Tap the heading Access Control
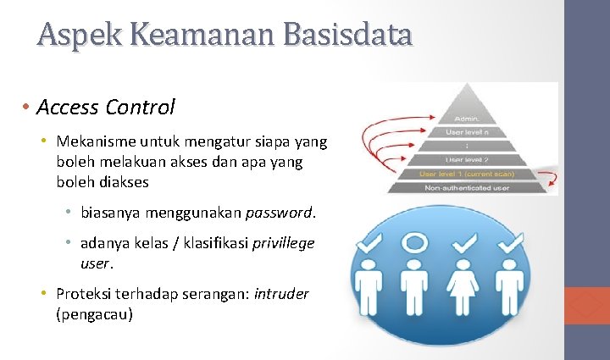click(106, 108)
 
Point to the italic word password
click(280, 212)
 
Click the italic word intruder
click(281, 294)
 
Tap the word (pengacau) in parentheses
click(95, 313)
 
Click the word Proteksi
click(86, 294)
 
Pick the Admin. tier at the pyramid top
click(469, 118)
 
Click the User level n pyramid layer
click(469, 131)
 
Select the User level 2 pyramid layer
click(469, 159)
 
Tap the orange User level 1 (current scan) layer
click(469, 174)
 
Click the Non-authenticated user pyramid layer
click(469, 188)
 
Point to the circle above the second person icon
click(414, 244)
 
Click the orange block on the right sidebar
click(586, 306)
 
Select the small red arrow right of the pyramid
click(549, 179)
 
